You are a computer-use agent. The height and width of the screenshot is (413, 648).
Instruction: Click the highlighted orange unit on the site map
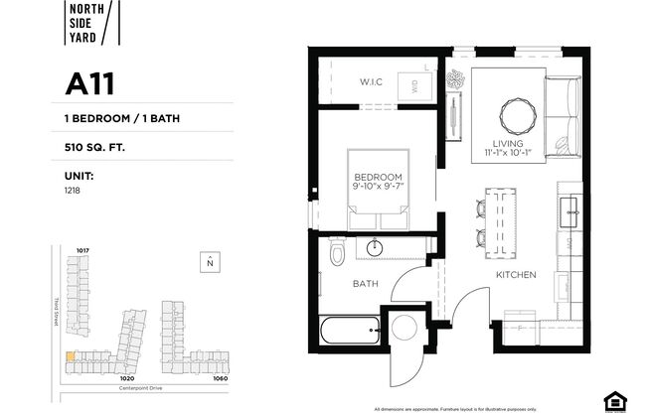pyautogui.click(x=69, y=357)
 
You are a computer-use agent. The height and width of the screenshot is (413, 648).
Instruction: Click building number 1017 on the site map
pyautogui.click(x=83, y=250)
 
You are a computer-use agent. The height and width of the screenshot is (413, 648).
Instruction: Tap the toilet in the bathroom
pyautogui.click(x=338, y=255)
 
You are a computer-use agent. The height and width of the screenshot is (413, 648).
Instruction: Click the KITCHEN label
pyautogui.click(x=517, y=275)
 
